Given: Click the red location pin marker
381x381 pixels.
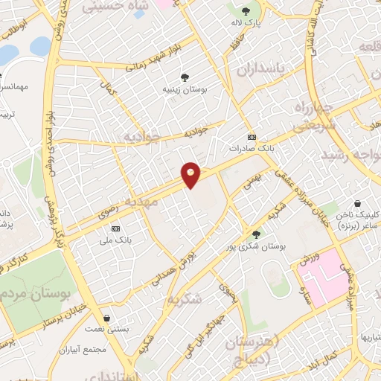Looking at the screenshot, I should tap(191, 175).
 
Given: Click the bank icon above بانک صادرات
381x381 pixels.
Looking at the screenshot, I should tap(252, 137).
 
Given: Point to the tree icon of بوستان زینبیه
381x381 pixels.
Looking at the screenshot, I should tap(184, 77).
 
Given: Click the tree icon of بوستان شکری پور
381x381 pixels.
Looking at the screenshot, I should tap(257, 234).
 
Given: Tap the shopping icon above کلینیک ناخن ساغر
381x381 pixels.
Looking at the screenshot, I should tap(357, 202).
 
